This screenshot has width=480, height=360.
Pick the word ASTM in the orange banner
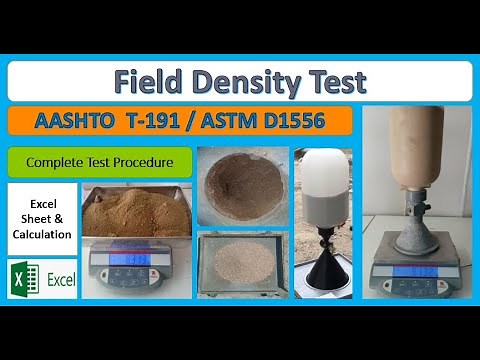[x=236, y=121]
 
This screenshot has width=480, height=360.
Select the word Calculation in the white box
[x=42, y=234]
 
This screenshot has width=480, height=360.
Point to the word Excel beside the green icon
[x=60, y=279]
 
